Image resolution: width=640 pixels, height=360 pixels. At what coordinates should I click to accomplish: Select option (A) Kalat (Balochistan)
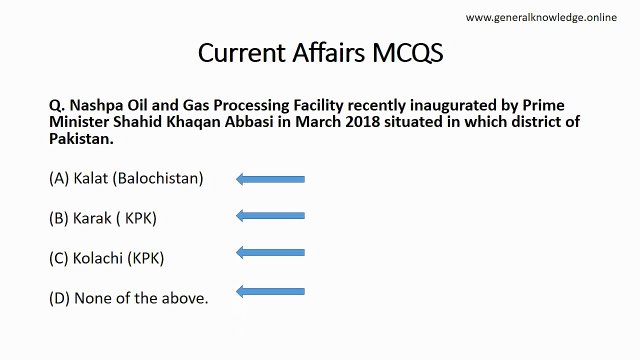(x=125, y=179)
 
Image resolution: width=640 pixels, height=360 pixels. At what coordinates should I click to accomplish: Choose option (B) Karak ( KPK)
(x=103, y=217)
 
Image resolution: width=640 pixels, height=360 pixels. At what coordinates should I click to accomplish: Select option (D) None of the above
(x=128, y=297)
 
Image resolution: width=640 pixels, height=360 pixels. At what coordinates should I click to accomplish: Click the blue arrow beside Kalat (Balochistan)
(x=270, y=179)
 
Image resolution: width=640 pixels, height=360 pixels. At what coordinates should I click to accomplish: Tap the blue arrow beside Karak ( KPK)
(x=270, y=215)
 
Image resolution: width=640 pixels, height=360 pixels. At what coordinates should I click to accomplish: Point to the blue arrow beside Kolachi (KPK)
(x=270, y=253)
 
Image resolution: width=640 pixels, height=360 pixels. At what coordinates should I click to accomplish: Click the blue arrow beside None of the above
(x=270, y=291)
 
